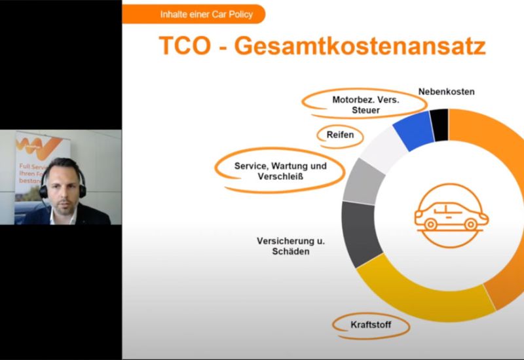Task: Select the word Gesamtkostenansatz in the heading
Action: [360, 46]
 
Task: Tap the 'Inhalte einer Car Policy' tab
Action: [197, 14]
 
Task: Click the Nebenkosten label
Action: [446, 92]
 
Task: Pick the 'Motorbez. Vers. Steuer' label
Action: [365, 105]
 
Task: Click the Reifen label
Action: [340, 135]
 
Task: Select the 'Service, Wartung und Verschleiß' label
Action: [280, 171]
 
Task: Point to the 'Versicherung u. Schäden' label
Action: [291, 246]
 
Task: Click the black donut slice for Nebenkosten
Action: [439, 124]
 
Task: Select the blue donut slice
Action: [413, 129]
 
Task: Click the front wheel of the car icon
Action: [470, 224]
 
